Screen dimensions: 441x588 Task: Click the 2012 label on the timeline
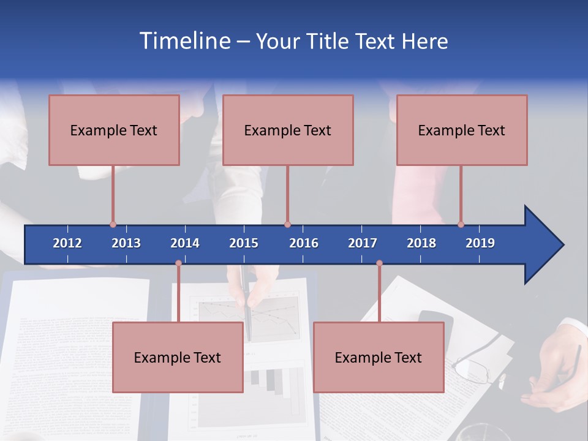tap(67, 243)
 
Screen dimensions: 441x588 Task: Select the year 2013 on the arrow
tap(126, 243)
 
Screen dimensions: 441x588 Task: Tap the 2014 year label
tap(185, 243)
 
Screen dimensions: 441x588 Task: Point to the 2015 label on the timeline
tap(244, 243)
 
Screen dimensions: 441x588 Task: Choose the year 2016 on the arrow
tap(304, 243)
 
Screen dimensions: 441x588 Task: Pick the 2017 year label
tap(363, 243)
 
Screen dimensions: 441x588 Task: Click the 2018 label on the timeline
tap(421, 243)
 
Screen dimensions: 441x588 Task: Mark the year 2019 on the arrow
tap(480, 243)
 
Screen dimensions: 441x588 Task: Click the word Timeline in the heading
tap(183, 41)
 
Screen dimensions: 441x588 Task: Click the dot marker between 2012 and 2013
tap(113, 224)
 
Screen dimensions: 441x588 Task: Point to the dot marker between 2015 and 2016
tap(287, 224)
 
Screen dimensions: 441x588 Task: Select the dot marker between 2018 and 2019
tap(461, 224)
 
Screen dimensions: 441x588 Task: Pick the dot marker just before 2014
tap(178, 263)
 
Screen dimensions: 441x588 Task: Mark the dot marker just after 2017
tap(379, 263)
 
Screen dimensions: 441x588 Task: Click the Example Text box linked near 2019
tap(462, 130)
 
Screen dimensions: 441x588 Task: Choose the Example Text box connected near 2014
tap(178, 357)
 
